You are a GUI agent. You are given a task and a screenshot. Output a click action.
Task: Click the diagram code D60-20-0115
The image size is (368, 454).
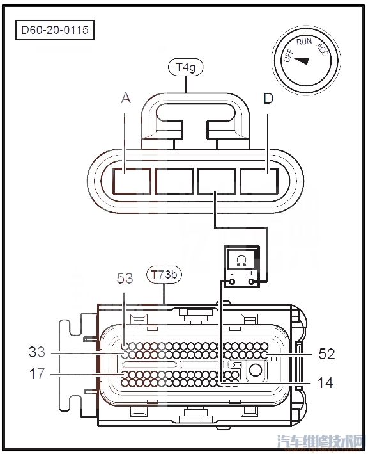click(x=55, y=30)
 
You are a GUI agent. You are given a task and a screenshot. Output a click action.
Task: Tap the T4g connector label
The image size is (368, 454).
click(x=186, y=67)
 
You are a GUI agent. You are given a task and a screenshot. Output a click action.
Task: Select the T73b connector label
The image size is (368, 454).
click(x=164, y=274)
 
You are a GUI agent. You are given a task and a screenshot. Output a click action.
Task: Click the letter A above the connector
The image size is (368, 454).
click(x=126, y=98)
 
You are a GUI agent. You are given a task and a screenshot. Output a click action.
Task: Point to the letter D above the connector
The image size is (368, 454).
click(x=268, y=99)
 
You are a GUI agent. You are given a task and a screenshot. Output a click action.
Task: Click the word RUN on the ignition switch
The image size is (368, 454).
click(x=304, y=42)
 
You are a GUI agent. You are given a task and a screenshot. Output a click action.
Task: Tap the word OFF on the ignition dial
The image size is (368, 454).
click(x=288, y=55)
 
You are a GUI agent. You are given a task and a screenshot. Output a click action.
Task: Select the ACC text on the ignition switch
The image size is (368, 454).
click(x=322, y=50)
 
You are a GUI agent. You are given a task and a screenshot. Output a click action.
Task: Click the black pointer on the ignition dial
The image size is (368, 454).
click(x=301, y=61)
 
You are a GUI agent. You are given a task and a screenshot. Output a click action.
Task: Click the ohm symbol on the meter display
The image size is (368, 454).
click(x=241, y=261)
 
